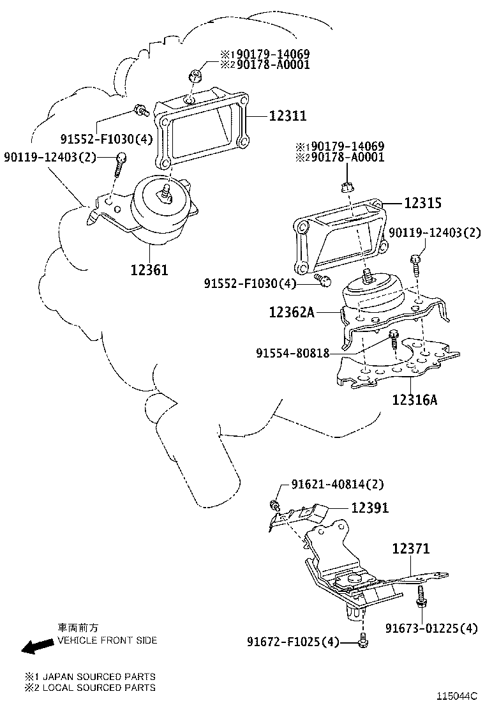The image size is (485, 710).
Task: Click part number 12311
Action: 287,116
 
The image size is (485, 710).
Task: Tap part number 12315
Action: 422,203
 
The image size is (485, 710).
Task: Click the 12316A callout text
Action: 414,400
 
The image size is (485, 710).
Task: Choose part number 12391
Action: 369,508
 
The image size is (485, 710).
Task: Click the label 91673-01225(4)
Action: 431,628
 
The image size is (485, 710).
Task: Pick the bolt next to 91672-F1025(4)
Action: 363,640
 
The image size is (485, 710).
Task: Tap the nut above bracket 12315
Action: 347,187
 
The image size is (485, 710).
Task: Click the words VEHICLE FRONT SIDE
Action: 107,640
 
